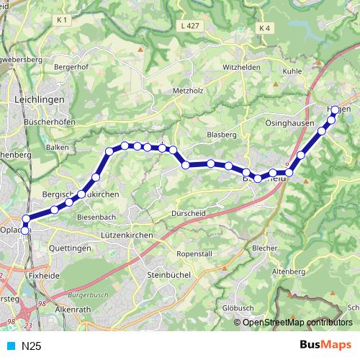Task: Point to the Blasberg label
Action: (221, 135)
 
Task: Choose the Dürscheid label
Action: (189, 212)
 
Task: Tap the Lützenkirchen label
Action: (125, 235)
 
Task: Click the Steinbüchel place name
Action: (167, 274)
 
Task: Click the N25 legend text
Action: (31, 346)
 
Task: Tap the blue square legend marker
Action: (11, 346)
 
